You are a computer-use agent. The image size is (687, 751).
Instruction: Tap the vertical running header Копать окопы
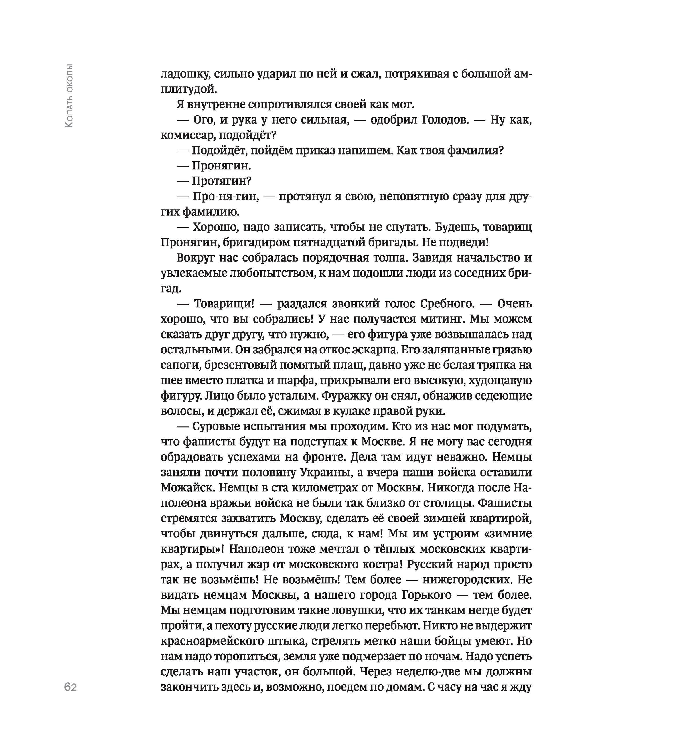tap(69, 96)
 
